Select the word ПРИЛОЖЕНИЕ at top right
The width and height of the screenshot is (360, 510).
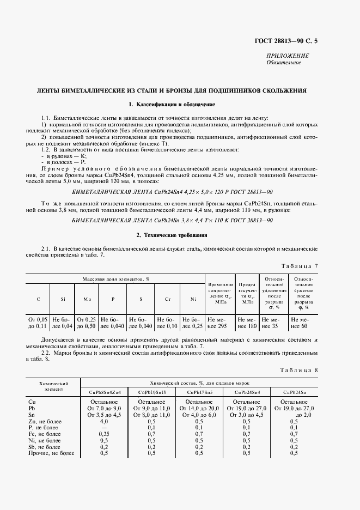(288, 56)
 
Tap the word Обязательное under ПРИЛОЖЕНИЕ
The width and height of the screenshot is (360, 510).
(284, 63)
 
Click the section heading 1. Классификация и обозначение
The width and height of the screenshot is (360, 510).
(172, 104)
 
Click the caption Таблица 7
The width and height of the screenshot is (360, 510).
(298, 266)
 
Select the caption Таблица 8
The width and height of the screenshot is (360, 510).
(298, 371)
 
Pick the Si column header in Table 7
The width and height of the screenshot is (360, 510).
(63, 299)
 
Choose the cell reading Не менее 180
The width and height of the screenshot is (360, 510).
(248, 322)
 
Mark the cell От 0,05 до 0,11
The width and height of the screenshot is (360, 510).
(38, 322)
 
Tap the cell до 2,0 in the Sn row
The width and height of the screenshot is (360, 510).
(294, 415)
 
